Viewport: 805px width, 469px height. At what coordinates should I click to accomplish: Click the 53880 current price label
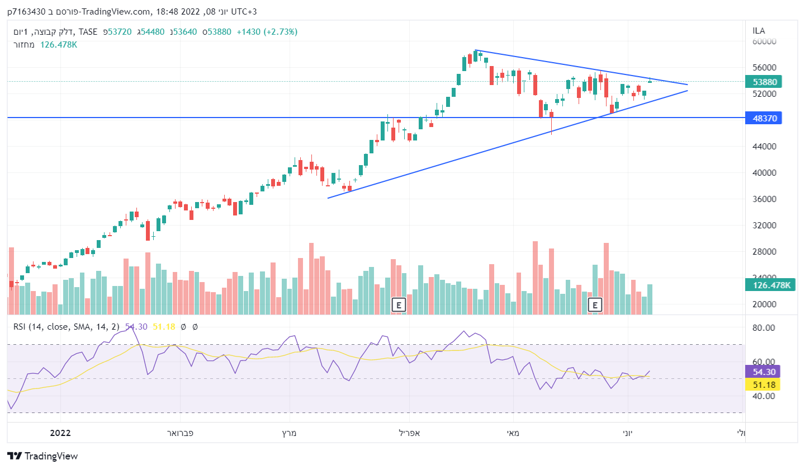(763, 82)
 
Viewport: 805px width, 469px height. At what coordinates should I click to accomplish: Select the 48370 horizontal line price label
(763, 118)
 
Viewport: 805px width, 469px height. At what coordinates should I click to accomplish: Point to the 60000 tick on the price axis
(765, 41)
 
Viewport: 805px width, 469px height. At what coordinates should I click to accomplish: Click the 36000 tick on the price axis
(765, 199)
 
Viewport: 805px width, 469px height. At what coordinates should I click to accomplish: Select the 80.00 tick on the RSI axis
(764, 328)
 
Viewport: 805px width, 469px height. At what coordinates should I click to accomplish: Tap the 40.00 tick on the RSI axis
(764, 396)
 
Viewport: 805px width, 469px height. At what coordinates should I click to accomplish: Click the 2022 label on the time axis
(60, 433)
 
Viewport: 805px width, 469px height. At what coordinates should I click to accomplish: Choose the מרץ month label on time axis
(288, 433)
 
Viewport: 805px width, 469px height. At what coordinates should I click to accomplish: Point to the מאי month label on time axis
(512, 433)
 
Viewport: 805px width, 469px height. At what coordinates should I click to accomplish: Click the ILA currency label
(759, 31)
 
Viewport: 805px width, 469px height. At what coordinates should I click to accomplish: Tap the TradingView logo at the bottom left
(42, 456)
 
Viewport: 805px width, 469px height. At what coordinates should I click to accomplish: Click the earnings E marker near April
(398, 305)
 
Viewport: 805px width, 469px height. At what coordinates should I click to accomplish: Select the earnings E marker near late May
(595, 305)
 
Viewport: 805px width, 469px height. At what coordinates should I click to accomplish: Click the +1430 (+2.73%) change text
(267, 32)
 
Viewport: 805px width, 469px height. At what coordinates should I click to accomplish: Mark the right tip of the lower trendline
(687, 91)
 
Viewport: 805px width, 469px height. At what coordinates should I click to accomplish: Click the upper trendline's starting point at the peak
(475, 50)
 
